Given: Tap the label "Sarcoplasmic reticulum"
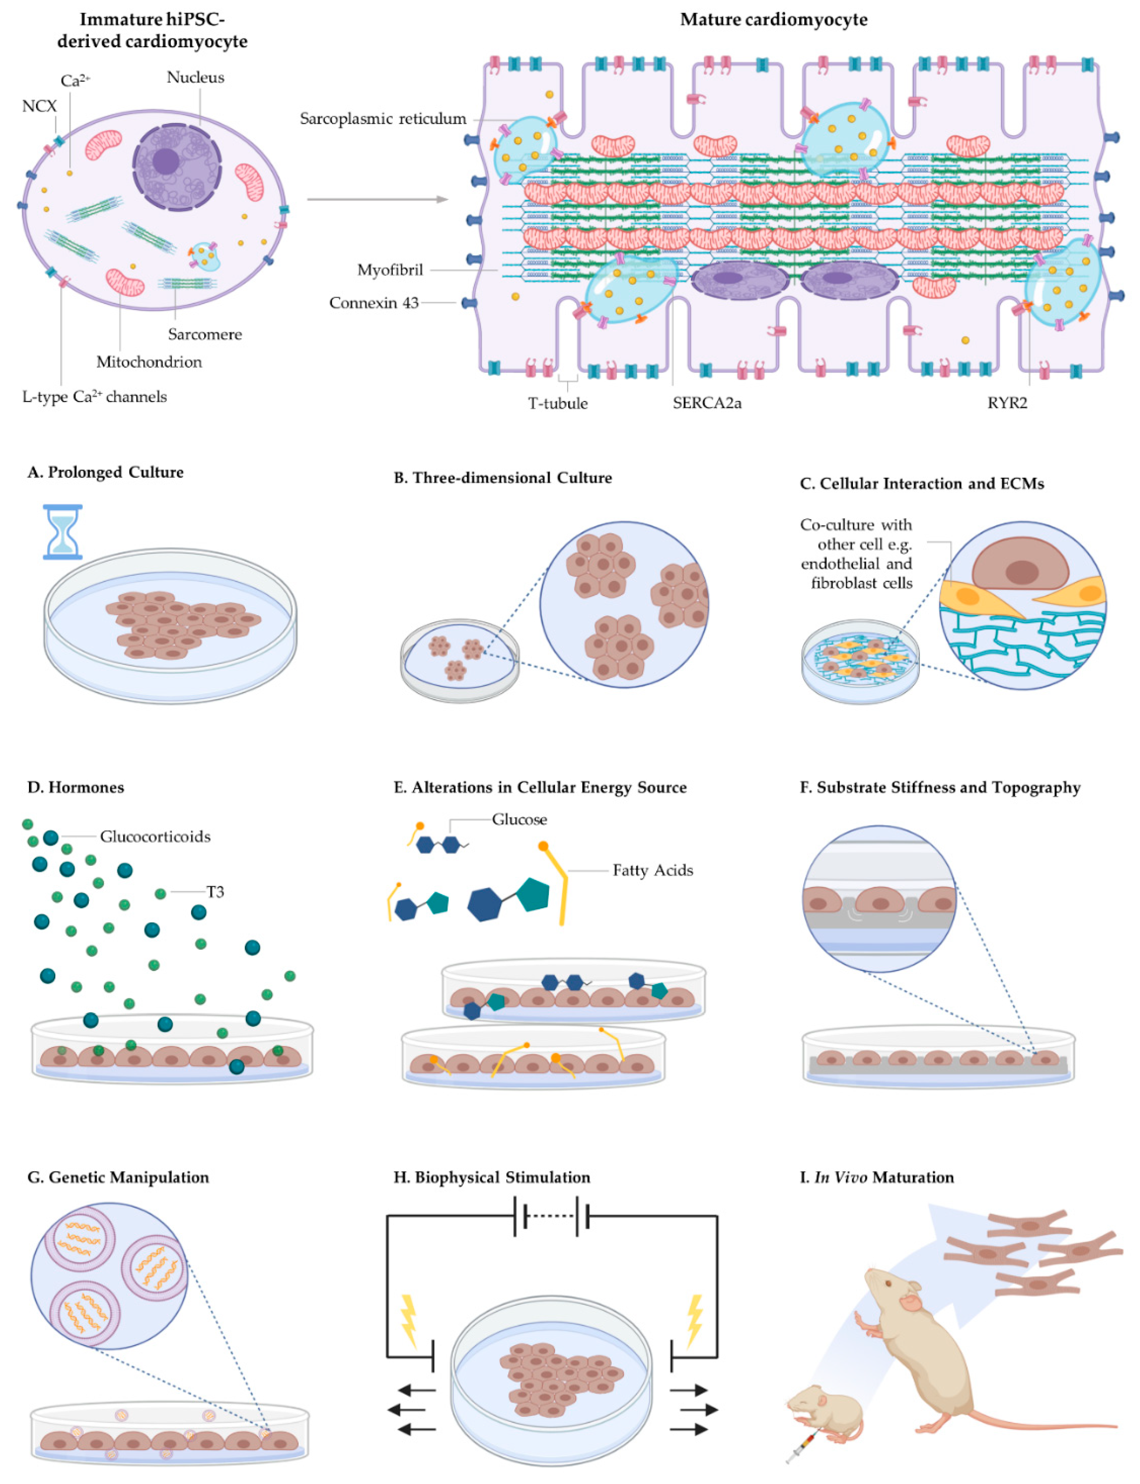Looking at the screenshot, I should (x=383, y=119).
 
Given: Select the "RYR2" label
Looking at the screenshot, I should (x=1007, y=403).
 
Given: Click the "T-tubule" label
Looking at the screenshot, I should (x=558, y=403).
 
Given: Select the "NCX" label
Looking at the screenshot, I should (x=39, y=106).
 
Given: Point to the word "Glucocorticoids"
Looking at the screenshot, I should (x=155, y=836).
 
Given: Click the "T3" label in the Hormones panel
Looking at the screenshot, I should (x=215, y=891).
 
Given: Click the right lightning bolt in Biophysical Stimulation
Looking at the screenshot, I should (x=694, y=1321).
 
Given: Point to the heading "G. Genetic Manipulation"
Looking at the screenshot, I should (x=118, y=1177).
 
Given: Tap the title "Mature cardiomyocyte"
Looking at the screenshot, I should (x=773, y=20).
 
